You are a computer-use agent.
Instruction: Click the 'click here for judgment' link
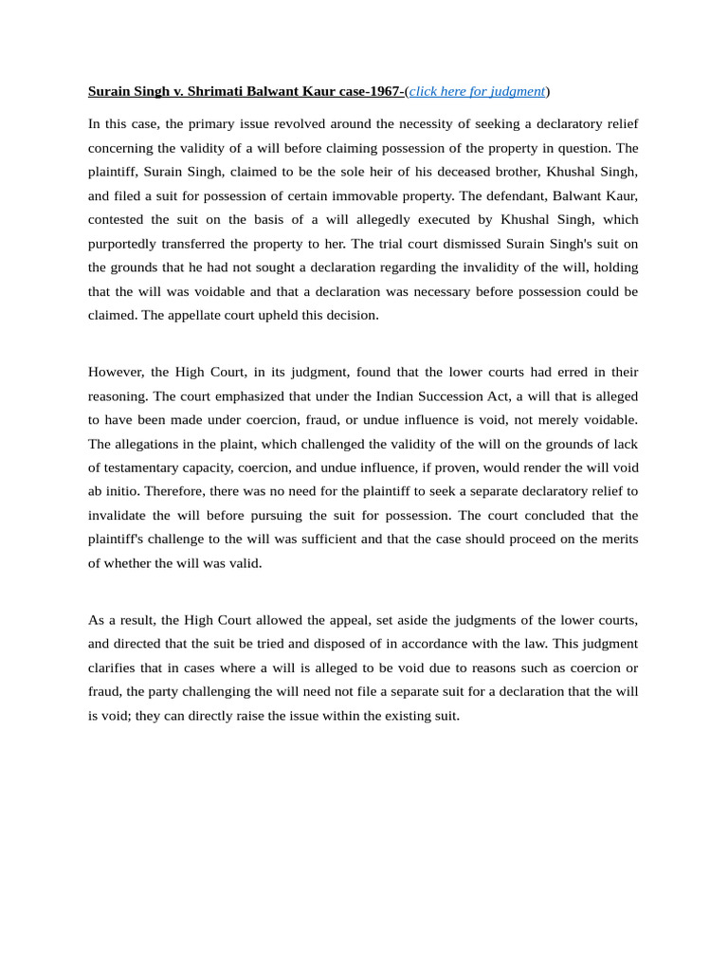coord(477,91)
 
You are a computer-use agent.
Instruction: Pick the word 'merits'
coord(617,539)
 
